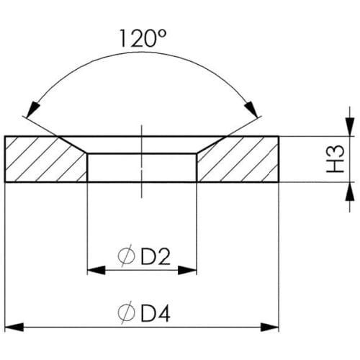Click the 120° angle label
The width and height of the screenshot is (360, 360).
pos(143,38)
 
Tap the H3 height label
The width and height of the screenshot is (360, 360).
pos(336,159)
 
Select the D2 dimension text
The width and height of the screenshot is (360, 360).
pos(156,257)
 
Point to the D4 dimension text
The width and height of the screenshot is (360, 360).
pos(156,314)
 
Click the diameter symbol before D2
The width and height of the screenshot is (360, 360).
pos(126,256)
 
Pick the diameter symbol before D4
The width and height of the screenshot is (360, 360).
pos(126,312)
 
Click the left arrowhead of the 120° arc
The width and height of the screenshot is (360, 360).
pos(34,109)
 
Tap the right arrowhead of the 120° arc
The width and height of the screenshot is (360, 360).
pos(251,109)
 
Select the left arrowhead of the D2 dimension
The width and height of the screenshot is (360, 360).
pos(96,270)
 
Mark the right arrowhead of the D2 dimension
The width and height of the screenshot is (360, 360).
pos(187,270)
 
